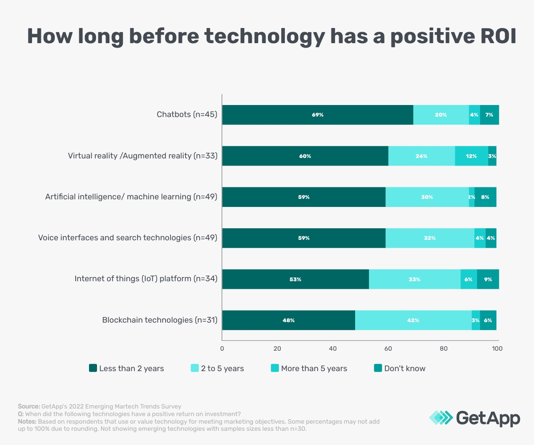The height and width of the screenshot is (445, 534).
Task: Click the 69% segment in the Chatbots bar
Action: (318, 115)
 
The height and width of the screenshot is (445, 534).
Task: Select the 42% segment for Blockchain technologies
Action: (413, 320)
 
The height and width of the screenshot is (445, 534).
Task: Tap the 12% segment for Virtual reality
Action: (471, 156)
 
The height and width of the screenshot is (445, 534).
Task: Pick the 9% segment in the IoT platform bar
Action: (488, 279)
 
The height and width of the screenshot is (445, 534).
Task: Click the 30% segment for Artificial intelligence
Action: (427, 197)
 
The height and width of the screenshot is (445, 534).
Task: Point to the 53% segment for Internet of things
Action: (295, 279)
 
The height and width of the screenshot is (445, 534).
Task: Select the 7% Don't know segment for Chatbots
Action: (489, 115)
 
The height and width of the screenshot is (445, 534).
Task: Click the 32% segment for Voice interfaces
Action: (430, 238)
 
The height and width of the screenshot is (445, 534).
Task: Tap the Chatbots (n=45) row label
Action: (186, 115)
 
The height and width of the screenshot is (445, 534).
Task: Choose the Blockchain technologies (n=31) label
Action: (159, 320)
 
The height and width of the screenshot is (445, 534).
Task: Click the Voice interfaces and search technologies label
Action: (127, 238)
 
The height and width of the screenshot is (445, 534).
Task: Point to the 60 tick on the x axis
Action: (388, 349)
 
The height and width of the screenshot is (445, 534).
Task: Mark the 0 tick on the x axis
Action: (222, 349)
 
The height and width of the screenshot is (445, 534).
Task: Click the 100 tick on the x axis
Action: (497, 349)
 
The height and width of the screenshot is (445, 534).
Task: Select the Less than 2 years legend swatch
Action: (93, 368)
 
